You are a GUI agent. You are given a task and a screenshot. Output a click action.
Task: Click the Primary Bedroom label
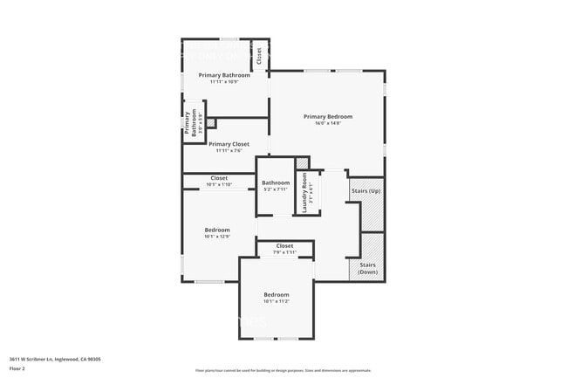(328, 116)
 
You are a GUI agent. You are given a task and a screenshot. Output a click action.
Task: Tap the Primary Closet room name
(229, 144)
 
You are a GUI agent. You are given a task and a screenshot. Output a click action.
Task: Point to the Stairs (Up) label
(365, 190)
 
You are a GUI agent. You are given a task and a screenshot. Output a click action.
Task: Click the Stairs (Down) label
(367, 268)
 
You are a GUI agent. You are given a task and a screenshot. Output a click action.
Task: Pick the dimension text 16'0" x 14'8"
(328, 123)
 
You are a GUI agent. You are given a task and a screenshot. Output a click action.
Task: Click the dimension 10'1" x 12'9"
(217, 237)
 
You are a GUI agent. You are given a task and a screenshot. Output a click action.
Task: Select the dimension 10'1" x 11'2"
(276, 301)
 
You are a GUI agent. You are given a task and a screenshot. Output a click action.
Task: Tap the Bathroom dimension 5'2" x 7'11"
(276, 189)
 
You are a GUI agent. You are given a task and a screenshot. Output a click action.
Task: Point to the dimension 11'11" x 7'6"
(229, 150)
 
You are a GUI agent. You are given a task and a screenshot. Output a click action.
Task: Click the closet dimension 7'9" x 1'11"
(284, 252)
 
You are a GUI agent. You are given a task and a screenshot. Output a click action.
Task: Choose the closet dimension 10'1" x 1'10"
(219, 184)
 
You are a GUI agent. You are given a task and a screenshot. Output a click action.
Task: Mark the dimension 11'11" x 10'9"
(224, 82)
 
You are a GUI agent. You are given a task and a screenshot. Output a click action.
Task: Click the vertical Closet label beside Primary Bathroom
(259, 57)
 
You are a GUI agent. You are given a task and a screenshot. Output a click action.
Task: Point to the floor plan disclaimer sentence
(283, 371)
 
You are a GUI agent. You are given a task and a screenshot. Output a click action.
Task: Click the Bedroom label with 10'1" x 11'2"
(276, 294)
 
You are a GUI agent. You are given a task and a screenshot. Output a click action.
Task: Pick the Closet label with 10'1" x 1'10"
(219, 178)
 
